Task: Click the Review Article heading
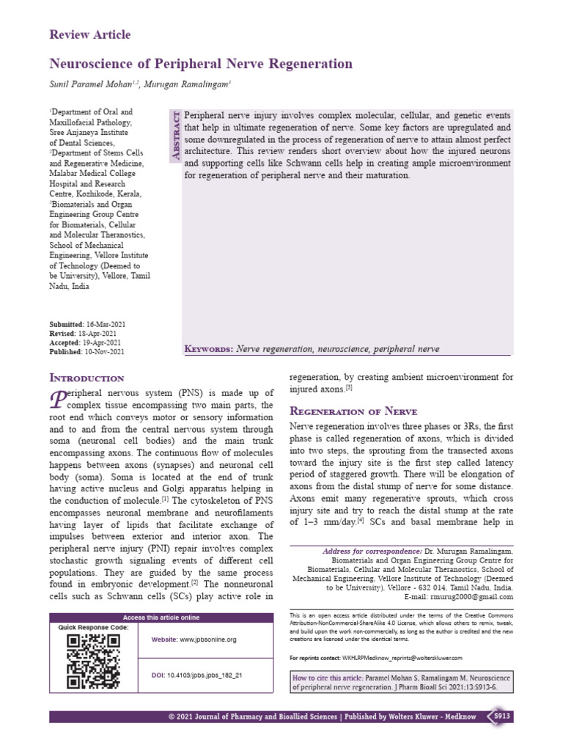(89, 34)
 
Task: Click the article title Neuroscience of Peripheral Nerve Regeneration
(201, 64)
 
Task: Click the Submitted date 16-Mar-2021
(104, 323)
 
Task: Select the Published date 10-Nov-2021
(106, 351)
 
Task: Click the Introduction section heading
(86, 378)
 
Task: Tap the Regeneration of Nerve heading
(353, 411)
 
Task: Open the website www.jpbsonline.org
(208, 640)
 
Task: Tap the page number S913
(501, 716)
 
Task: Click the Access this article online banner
(160, 618)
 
